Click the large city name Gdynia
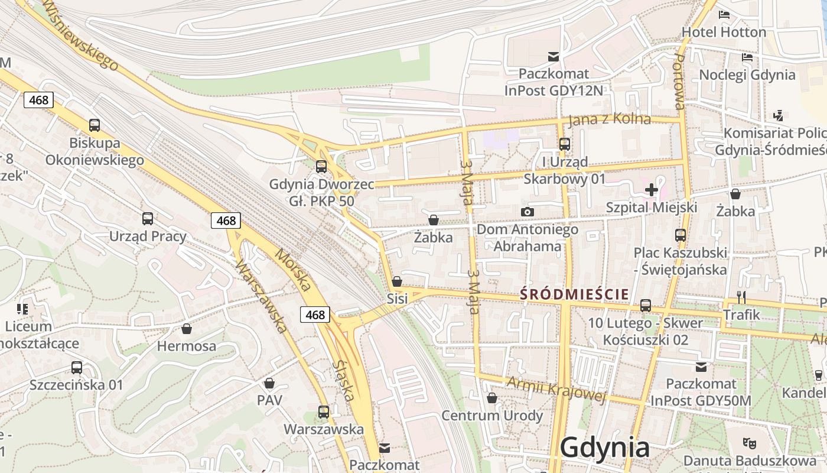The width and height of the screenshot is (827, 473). click(604, 448)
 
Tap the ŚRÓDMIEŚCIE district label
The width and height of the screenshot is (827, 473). click(574, 294)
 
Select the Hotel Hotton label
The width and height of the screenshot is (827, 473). click(724, 32)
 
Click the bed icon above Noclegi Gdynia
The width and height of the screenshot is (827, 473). click(747, 57)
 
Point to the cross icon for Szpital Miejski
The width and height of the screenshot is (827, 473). click(652, 190)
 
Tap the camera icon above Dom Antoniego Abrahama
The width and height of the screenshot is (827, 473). click(528, 212)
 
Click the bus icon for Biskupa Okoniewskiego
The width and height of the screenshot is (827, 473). click(95, 125)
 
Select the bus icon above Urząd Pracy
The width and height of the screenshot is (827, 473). click(148, 219)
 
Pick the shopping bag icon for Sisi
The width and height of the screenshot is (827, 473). click(397, 281)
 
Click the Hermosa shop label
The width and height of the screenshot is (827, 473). click(187, 346)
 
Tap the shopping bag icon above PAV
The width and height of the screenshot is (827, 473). click(269, 383)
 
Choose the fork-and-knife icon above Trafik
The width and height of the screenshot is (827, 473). click(742, 297)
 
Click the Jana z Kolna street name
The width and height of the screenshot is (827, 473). click(610, 119)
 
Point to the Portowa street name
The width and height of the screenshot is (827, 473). click(680, 82)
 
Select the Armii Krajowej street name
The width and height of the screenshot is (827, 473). click(556, 389)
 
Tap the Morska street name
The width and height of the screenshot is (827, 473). click(294, 272)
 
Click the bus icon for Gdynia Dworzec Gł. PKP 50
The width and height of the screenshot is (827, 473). click(321, 167)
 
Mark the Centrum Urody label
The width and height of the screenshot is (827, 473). click(492, 416)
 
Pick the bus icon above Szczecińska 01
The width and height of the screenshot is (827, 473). click(77, 368)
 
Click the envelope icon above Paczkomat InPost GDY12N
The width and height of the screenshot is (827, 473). click(553, 57)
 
